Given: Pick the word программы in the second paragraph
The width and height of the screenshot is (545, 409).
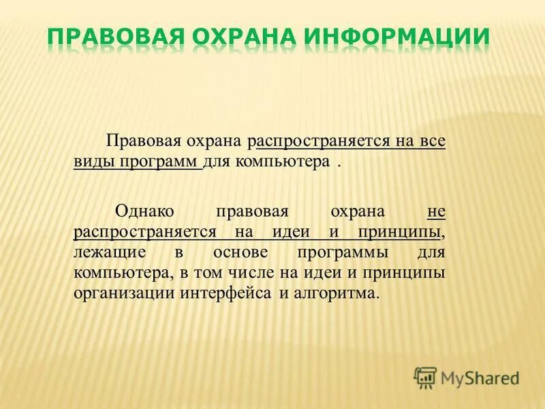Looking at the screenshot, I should point(348,252).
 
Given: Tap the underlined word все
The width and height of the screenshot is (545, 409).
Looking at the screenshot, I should point(431,142).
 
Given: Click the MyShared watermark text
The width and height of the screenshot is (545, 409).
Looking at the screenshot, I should point(480,377).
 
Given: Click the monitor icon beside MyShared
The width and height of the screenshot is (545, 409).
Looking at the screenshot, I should point(425,377).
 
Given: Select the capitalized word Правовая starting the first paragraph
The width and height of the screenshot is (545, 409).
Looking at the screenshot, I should point(141,142).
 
